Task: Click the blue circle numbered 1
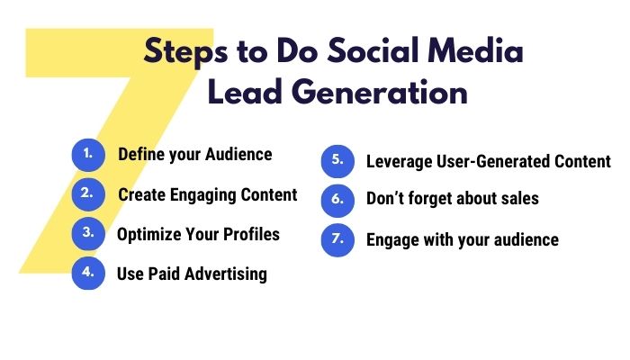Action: pos(88,155)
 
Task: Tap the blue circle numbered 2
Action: pos(88,194)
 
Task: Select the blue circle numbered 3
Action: pos(88,234)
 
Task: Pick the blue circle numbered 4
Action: pos(88,274)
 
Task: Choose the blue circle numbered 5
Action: pos(337,161)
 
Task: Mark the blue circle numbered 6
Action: pos(337,201)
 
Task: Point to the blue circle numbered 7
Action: pos(337,240)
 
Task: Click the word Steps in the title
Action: pos(185,52)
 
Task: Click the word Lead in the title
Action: pos(244,92)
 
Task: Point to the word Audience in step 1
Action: pos(238,154)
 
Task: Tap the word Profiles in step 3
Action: pos(251,234)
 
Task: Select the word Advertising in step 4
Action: pos(226,274)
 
